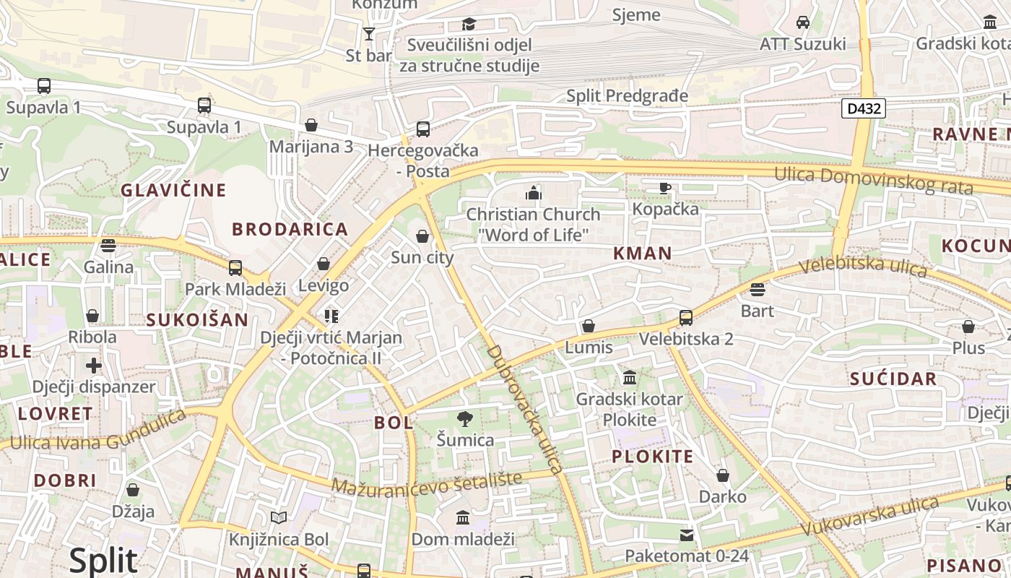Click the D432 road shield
pyautogui.click(x=864, y=109)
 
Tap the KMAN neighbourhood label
pyautogui.click(x=642, y=254)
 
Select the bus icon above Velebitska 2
pyautogui.click(x=685, y=317)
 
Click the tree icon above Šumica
pyautogui.click(x=465, y=418)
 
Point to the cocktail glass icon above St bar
pyautogui.click(x=369, y=33)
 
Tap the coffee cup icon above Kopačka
pyautogui.click(x=665, y=188)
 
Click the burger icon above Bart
pyautogui.click(x=757, y=290)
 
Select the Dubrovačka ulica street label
pyautogui.click(x=525, y=409)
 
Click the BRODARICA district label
pyautogui.click(x=290, y=230)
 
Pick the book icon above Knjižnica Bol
pyautogui.click(x=279, y=517)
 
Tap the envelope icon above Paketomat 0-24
pyautogui.click(x=686, y=535)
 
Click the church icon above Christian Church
pyautogui.click(x=533, y=193)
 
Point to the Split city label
pyautogui.click(x=103, y=561)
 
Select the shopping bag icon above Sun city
pyautogui.click(x=422, y=236)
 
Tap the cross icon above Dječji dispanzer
pyautogui.click(x=94, y=365)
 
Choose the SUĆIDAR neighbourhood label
pyautogui.click(x=893, y=379)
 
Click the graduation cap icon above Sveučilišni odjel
pyautogui.click(x=469, y=24)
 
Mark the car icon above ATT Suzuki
pyautogui.click(x=802, y=22)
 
